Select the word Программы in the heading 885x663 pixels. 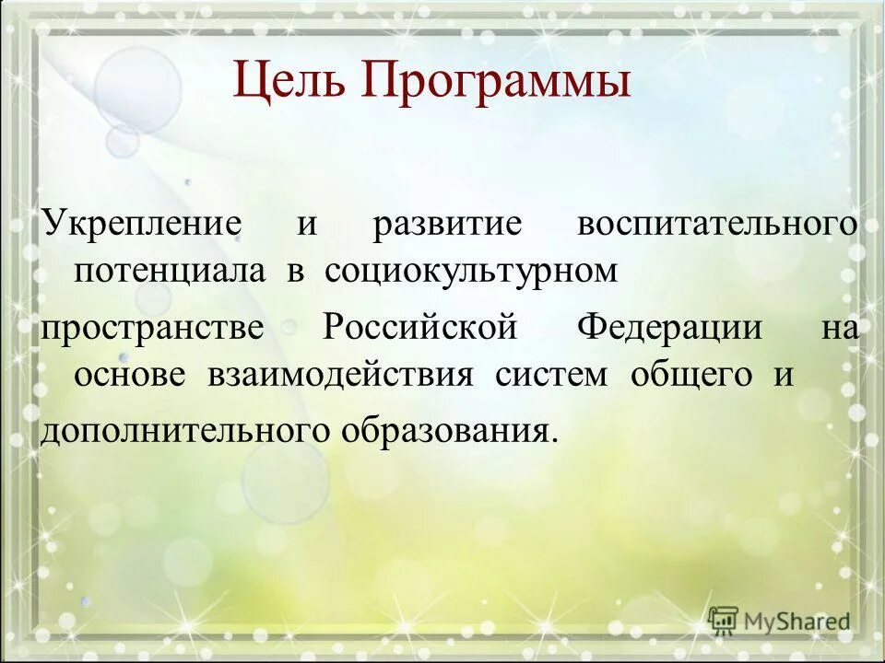496,81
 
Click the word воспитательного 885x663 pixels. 717,226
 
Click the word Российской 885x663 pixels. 418,329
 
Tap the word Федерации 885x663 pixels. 670,329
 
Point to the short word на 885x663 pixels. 839,329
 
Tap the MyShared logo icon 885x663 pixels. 724,620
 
